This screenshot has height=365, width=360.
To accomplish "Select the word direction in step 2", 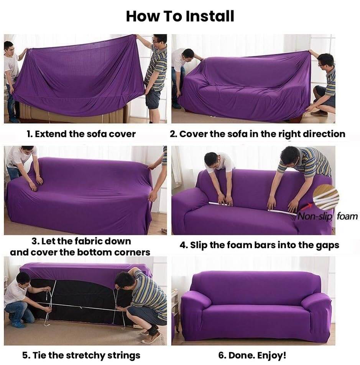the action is pos(324,134).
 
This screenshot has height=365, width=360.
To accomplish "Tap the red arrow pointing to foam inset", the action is pos(307,206).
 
